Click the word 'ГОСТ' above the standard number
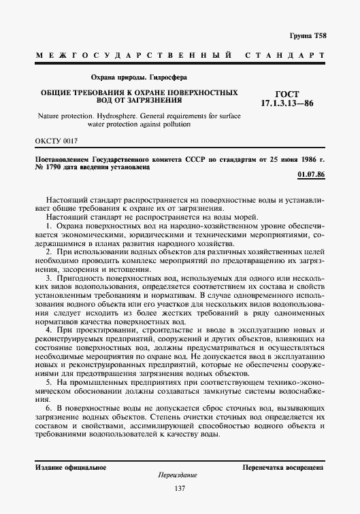pyautogui.click(x=288, y=95)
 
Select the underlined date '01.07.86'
pyautogui.click(x=312, y=176)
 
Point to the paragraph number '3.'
pyautogui.click(x=48, y=280)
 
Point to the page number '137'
pyautogui.click(x=180, y=490)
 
